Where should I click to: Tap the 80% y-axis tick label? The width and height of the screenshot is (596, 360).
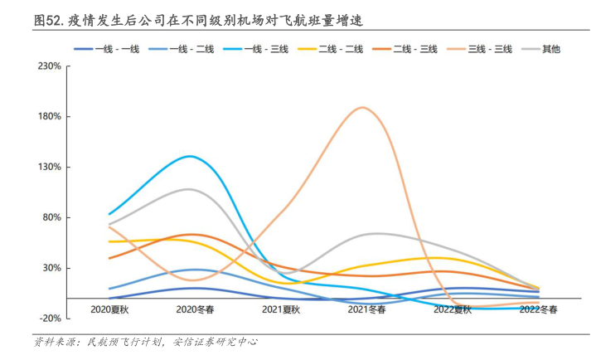click(x=52, y=217)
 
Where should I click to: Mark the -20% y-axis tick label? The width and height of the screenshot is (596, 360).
click(x=51, y=319)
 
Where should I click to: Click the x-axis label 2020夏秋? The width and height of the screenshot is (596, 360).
click(x=109, y=309)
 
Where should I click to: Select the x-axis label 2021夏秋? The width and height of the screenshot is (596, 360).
click(x=280, y=309)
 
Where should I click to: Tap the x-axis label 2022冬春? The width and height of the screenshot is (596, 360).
click(x=538, y=309)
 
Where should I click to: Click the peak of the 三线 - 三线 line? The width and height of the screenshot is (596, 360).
click(x=363, y=108)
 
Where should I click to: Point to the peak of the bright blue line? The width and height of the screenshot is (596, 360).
click(x=191, y=156)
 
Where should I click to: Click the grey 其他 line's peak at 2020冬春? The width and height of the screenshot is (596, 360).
click(x=190, y=189)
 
